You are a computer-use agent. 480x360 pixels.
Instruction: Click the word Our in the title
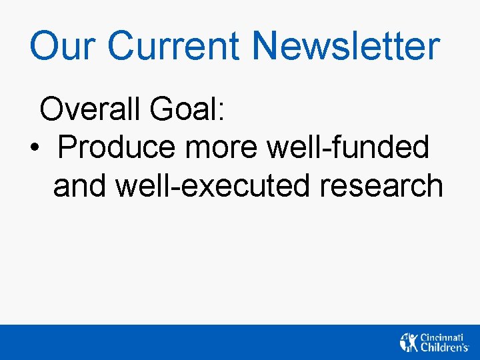click(62, 47)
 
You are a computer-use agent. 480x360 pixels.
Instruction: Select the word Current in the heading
click(174, 47)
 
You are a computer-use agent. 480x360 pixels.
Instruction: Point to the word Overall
click(89, 109)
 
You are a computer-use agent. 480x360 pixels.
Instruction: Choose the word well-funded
click(347, 147)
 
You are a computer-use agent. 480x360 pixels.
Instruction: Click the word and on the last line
click(80, 185)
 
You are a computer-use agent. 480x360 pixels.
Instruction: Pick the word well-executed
click(213, 185)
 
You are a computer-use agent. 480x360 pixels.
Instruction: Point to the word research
click(381, 185)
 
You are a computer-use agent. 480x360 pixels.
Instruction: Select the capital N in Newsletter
click(267, 47)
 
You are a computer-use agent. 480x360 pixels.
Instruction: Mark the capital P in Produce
click(69, 147)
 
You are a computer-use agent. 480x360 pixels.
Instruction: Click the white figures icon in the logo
click(409, 342)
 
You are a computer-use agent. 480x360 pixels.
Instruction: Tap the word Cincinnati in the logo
click(441, 337)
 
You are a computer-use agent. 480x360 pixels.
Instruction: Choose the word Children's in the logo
click(444, 347)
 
